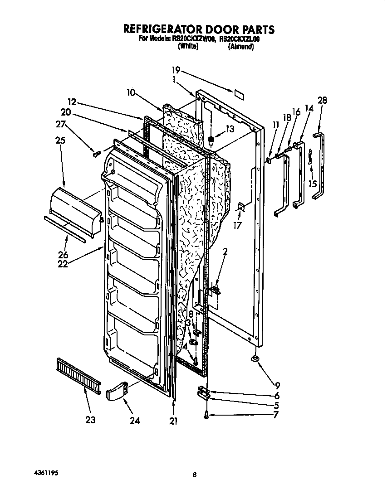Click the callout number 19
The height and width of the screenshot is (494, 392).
click(176, 70)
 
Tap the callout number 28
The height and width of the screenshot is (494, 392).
click(323, 101)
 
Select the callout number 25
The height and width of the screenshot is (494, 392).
click(60, 140)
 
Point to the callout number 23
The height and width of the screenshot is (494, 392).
click(90, 420)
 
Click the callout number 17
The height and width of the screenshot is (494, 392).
click(237, 224)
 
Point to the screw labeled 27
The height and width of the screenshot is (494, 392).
click(96, 154)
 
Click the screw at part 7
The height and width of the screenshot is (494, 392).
click(206, 415)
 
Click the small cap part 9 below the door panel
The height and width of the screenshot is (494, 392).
click(255, 359)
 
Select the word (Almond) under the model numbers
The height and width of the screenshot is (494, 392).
click(240, 46)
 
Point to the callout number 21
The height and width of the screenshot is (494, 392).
click(173, 421)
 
